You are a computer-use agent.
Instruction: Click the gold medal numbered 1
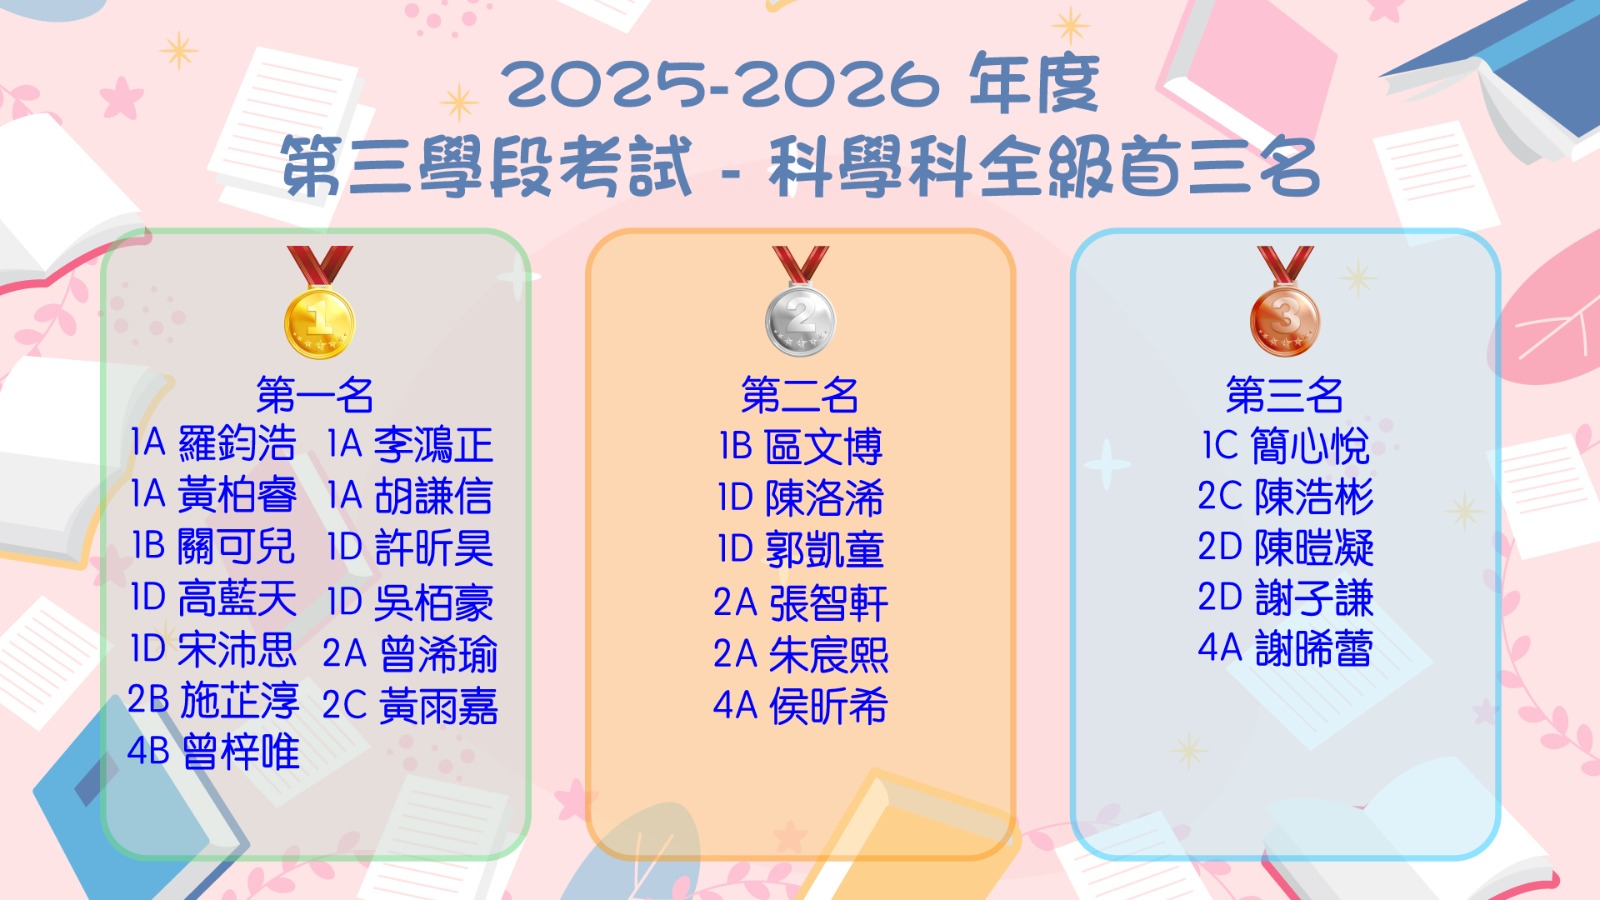point(319,302)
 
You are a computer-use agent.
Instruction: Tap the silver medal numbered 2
point(800,302)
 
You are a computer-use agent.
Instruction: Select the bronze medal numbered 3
point(1285,302)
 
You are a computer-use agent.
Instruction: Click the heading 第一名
point(315,395)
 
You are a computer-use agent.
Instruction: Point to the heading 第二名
point(800,395)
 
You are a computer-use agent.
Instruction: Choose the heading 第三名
point(1285,395)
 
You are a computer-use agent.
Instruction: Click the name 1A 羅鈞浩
point(214,443)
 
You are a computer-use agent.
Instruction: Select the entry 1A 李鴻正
point(410,444)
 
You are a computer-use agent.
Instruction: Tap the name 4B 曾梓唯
point(214,751)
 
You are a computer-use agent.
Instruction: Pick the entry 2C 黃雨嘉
point(410,706)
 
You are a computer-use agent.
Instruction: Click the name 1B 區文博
point(801,446)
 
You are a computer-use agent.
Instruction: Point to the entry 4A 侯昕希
point(801,706)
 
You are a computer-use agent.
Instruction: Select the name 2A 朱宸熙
point(801,654)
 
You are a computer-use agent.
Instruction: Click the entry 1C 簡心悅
point(1286,446)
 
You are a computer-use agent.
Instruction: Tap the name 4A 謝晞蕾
point(1286,649)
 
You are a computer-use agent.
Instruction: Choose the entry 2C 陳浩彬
point(1286,496)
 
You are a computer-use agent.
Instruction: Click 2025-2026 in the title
point(720,84)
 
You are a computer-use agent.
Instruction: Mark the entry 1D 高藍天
point(214,598)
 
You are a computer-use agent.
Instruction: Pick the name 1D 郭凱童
point(801,550)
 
